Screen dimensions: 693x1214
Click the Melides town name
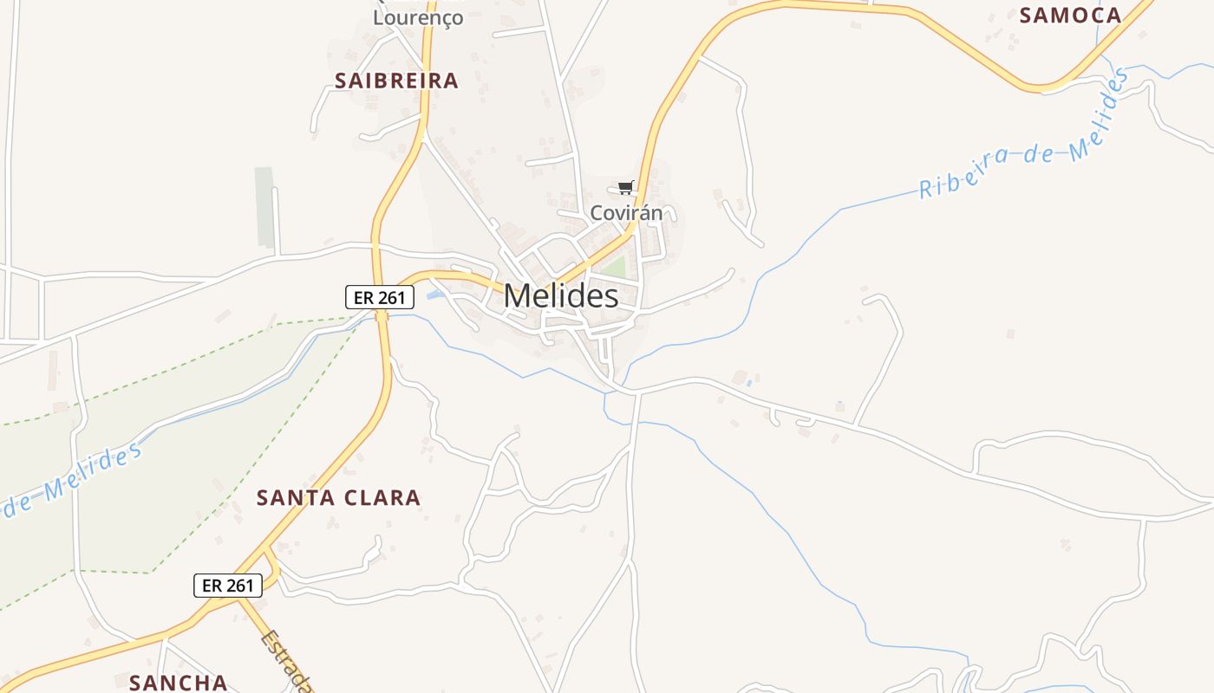[x=561, y=296]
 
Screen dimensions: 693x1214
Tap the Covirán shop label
[x=626, y=212]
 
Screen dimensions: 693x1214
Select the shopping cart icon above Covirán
[x=626, y=187]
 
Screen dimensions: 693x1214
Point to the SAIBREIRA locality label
[x=396, y=81]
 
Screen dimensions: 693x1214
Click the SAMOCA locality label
[x=1070, y=15]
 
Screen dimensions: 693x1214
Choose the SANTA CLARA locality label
[x=338, y=498]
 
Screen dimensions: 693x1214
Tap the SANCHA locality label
[x=178, y=683]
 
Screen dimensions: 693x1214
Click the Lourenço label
[x=418, y=17]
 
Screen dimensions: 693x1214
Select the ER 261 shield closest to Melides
[x=380, y=297]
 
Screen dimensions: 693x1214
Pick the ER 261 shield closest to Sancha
[x=227, y=586]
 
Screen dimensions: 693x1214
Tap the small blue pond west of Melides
[x=435, y=295]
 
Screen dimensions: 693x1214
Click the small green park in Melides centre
[x=614, y=267]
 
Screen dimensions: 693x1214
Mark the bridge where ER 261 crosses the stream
[x=382, y=317]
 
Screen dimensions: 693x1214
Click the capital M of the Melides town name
[x=518, y=296]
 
